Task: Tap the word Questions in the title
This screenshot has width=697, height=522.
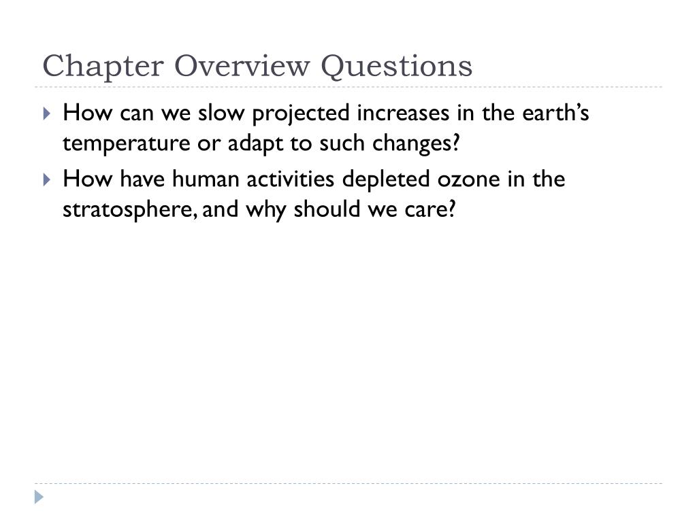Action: pyautogui.click(x=396, y=67)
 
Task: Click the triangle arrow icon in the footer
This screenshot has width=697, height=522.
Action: pyautogui.click(x=39, y=497)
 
